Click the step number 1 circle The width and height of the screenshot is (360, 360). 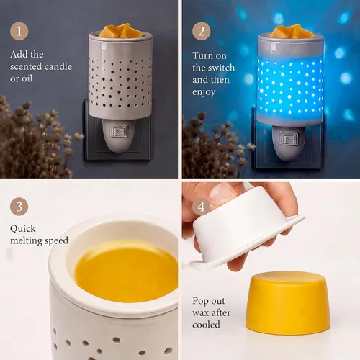[x=19, y=31]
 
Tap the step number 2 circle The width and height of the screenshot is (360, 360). [x=202, y=31]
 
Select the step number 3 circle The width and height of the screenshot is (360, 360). [x=19, y=207]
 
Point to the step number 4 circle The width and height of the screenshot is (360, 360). [x=202, y=207]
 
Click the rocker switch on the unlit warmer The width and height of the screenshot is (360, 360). [x=119, y=131]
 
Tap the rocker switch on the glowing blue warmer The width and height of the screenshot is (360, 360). [x=289, y=139]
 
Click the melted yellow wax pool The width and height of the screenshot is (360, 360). [x=127, y=271]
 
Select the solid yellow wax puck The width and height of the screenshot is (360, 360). [x=288, y=303]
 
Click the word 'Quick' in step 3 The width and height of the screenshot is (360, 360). [x=23, y=229]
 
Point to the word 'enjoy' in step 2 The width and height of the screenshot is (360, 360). [x=204, y=92]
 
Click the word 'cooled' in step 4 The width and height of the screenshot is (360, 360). [x=206, y=325]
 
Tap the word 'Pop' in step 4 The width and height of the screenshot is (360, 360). [x=200, y=301]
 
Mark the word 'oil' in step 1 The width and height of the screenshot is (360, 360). [x=27, y=78]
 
